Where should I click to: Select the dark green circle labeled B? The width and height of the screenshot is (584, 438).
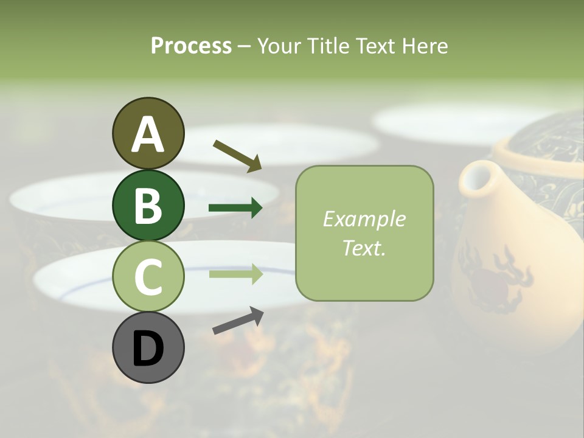pos(148,206)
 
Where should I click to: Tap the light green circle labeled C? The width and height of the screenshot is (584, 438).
pos(148,277)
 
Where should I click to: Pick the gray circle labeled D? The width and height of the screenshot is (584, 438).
pos(148,347)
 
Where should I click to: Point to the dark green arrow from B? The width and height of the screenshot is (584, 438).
pos(235,208)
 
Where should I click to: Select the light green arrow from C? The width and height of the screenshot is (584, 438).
pos(235,274)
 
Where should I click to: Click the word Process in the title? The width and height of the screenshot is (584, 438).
pos(191,46)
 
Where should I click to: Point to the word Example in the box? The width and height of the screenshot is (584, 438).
pos(364,220)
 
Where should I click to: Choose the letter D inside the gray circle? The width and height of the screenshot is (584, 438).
pos(148,350)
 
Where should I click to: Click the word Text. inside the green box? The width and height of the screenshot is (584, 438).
pos(364,248)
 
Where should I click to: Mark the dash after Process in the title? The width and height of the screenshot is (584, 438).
pos(245,46)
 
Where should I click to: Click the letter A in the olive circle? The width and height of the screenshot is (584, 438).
pos(148,135)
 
